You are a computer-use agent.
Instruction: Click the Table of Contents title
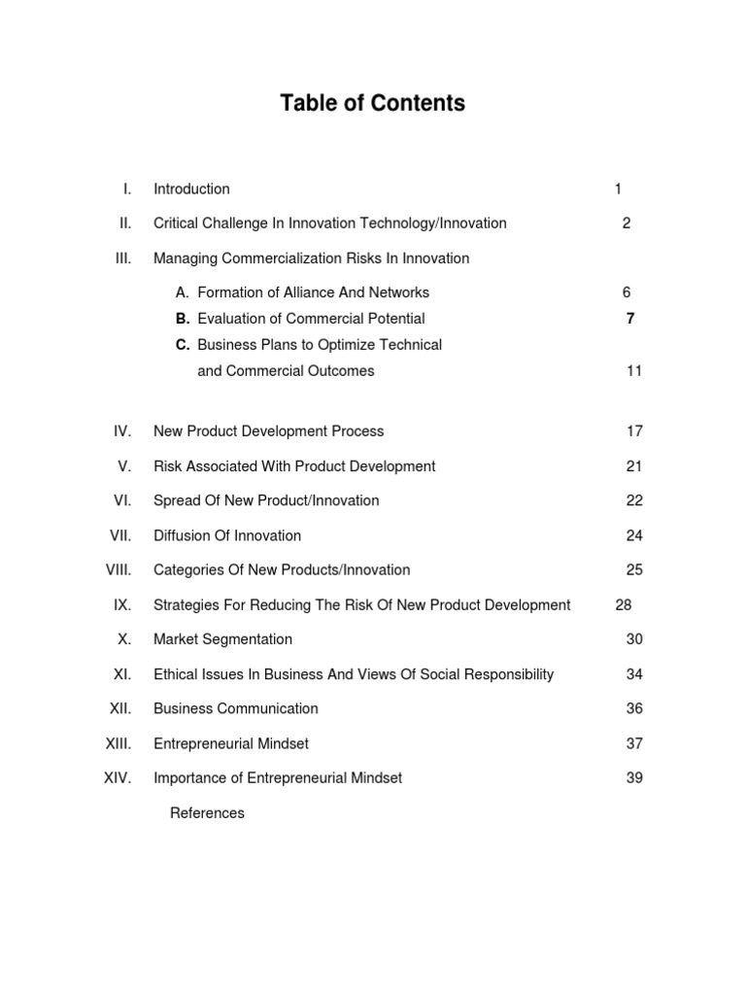coord(373,103)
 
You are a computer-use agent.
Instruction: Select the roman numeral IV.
coord(122,431)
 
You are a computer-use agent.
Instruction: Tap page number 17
coord(634,431)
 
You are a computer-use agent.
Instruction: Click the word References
coord(207,813)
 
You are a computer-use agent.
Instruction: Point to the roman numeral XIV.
coord(117,778)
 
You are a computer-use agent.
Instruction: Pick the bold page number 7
coord(630,319)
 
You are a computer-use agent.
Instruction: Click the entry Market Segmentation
coord(222,639)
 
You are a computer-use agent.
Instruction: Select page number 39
coord(634,778)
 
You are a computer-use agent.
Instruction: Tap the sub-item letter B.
coord(183,319)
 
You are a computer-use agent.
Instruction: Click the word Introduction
coord(191,189)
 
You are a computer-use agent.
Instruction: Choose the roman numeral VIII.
coord(119,570)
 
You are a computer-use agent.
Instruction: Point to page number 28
coord(624,605)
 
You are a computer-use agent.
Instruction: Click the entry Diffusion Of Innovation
coord(227,535)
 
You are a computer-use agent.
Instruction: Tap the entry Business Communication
coord(236,709)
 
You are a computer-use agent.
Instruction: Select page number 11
coord(634,371)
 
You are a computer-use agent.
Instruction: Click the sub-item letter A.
coord(183,292)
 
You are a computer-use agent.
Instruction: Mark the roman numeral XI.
coord(122,674)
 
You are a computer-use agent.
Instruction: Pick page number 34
coord(634,674)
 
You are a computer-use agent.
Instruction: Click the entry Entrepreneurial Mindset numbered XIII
coord(231,744)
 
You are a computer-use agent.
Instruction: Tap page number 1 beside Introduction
coord(618,189)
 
